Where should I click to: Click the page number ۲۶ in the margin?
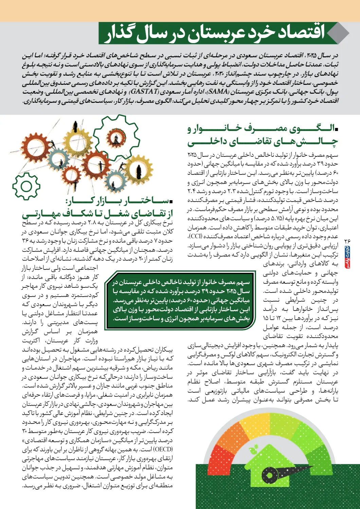tap(347, 241)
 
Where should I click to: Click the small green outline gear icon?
tap(26, 186)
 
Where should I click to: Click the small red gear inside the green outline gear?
tap(116, 137)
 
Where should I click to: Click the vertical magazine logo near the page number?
tap(347, 257)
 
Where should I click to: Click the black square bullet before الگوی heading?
tap(336, 129)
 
